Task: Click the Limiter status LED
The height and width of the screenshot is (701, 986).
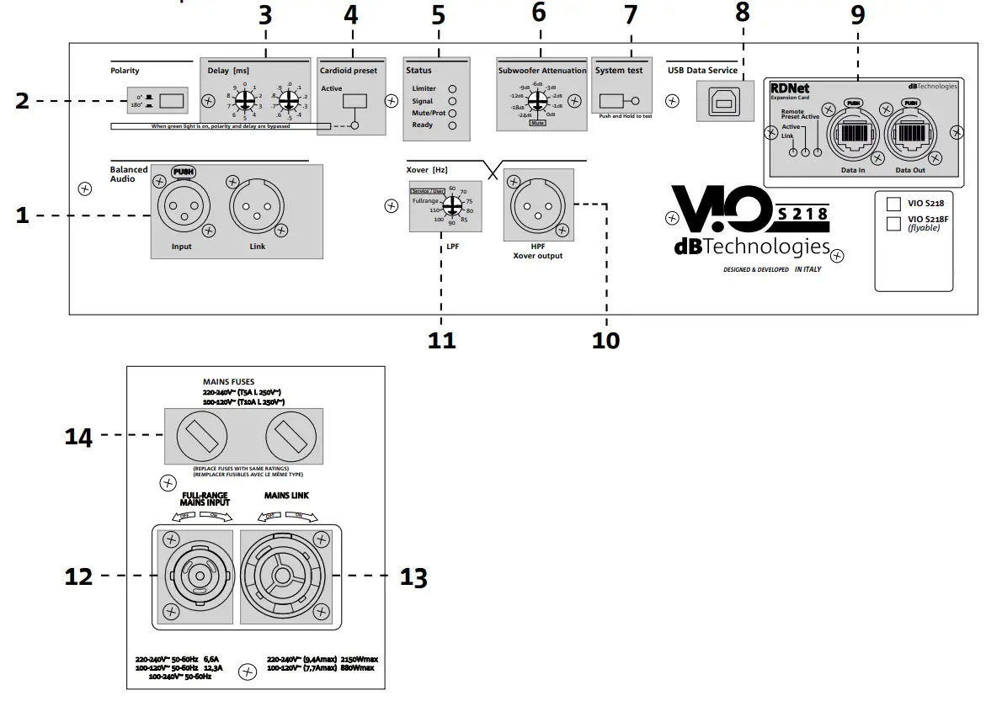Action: [452, 88]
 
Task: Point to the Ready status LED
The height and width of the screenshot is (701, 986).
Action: [452, 125]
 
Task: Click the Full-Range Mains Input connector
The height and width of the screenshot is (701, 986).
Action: [193, 576]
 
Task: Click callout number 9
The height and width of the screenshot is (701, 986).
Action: [858, 14]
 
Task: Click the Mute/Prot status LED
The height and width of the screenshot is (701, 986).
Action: [452, 112]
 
